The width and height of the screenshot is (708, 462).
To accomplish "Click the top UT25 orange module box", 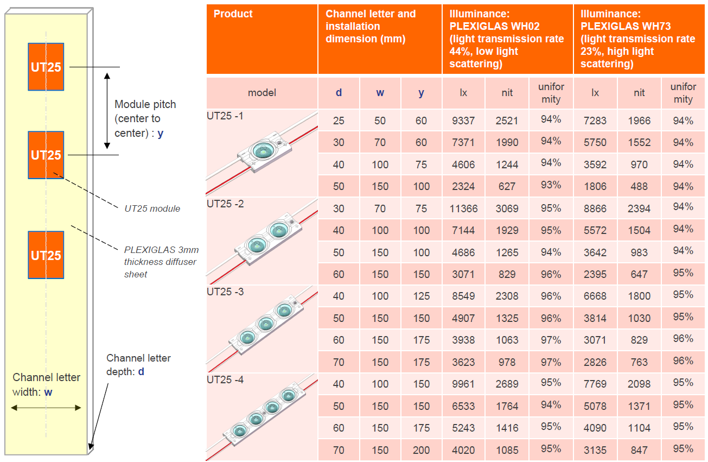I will coord(46,67).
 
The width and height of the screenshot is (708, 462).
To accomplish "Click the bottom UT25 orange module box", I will coord(46,255).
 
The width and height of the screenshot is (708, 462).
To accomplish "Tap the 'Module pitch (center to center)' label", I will coord(145,118).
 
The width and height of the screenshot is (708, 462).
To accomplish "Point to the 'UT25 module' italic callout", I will coord(152,208).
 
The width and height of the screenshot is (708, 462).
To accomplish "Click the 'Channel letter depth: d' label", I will coord(138,365).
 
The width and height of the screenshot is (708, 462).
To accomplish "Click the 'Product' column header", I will coord(233,14).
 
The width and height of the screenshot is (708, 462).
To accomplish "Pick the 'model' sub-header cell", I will coord(262,93).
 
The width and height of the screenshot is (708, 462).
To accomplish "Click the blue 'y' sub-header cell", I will coord(421,93).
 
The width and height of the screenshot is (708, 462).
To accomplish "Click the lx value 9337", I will coord(463,121).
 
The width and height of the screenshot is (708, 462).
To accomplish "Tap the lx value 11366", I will coord(463,208).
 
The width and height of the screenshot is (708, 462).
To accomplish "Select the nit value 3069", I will coord(507,208).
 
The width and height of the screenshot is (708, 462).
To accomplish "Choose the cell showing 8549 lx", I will coord(463,296).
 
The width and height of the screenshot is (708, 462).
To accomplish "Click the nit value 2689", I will coord(507,384).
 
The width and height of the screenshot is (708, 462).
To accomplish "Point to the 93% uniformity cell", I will coord(551,185).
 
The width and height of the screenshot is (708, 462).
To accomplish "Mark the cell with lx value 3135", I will coord(595,450).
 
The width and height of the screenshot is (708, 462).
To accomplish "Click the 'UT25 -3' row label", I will coord(226,292).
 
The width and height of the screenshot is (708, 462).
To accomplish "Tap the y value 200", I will coord(421,450).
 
